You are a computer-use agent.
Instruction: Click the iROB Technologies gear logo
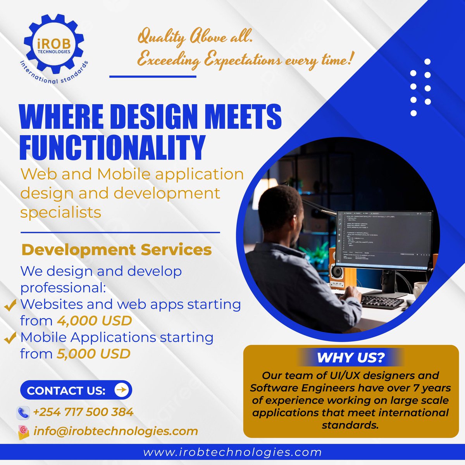click(x=54, y=46)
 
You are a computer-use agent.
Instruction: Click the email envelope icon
click(x=23, y=432)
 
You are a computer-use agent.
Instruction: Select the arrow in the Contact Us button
click(x=122, y=390)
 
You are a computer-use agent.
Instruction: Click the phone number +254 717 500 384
click(x=83, y=412)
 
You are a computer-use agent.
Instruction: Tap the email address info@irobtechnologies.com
click(x=116, y=431)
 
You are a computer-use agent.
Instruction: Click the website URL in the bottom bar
click(x=232, y=452)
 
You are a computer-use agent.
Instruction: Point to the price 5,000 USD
click(x=93, y=354)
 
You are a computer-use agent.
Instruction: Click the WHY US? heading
click(x=351, y=357)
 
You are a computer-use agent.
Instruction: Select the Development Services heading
click(x=117, y=250)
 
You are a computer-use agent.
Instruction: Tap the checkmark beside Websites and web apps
click(x=10, y=305)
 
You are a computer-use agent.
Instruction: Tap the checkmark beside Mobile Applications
click(x=10, y=338)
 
